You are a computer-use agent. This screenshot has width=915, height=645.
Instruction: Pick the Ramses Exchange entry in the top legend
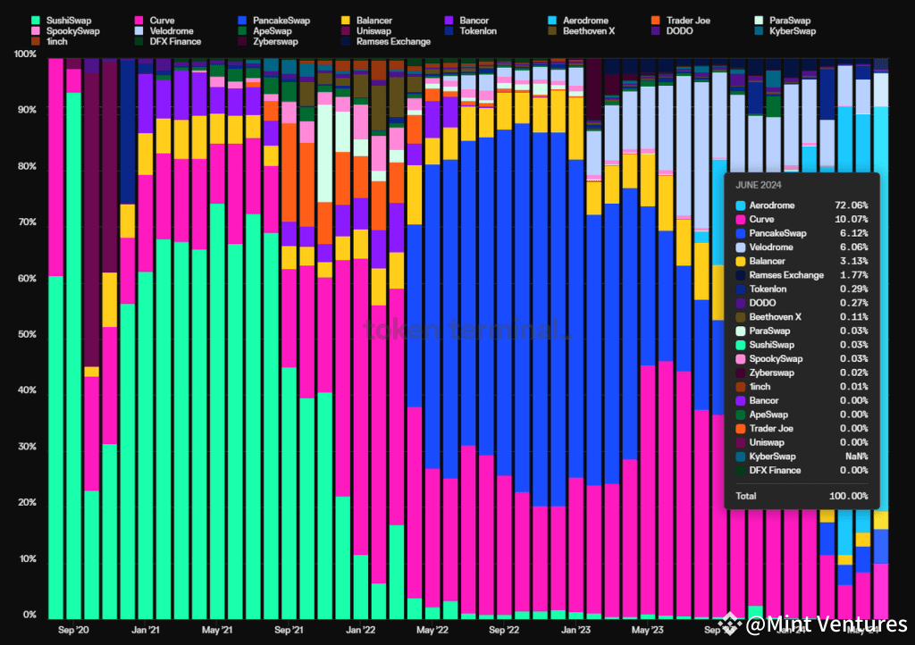click(x=392, y=41)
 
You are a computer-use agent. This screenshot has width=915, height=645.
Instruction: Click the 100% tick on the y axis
click(x=25, y=54)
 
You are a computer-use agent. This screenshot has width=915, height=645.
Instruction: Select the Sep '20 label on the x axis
click(x=73, y=630)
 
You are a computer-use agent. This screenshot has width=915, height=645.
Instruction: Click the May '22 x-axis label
click(x=431, y=630)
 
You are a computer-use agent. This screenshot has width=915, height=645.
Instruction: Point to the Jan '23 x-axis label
click(x=575, y=630)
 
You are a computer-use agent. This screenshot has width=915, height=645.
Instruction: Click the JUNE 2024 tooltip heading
click(x=760, y=186)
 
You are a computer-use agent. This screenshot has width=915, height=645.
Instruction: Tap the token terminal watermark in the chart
click(x=466, y=330)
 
